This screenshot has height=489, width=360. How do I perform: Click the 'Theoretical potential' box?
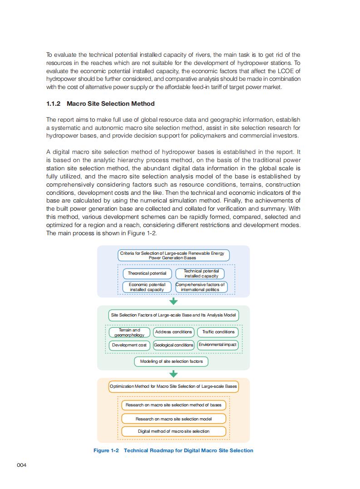147,273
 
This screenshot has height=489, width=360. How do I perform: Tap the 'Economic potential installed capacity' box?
147,287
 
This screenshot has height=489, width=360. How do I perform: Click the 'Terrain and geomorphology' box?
129,332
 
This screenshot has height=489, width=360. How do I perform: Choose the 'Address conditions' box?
173,332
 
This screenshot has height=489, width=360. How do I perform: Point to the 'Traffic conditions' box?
218,332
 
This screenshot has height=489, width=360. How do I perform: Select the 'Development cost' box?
129,345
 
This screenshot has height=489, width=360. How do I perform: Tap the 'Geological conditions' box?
173,345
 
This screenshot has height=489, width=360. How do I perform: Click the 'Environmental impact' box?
217,345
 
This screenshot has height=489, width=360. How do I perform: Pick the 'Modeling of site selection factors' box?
171,361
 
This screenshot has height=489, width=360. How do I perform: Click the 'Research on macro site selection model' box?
173,419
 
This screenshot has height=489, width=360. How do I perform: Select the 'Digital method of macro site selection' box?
173,431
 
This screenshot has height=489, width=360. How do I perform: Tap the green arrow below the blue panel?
173,301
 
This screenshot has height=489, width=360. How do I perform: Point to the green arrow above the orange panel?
173,374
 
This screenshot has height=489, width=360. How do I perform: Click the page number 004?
22,465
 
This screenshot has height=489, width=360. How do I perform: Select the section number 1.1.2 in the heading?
54,104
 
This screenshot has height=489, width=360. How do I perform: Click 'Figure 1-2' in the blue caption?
106,450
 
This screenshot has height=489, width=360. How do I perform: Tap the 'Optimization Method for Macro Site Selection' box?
173,386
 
